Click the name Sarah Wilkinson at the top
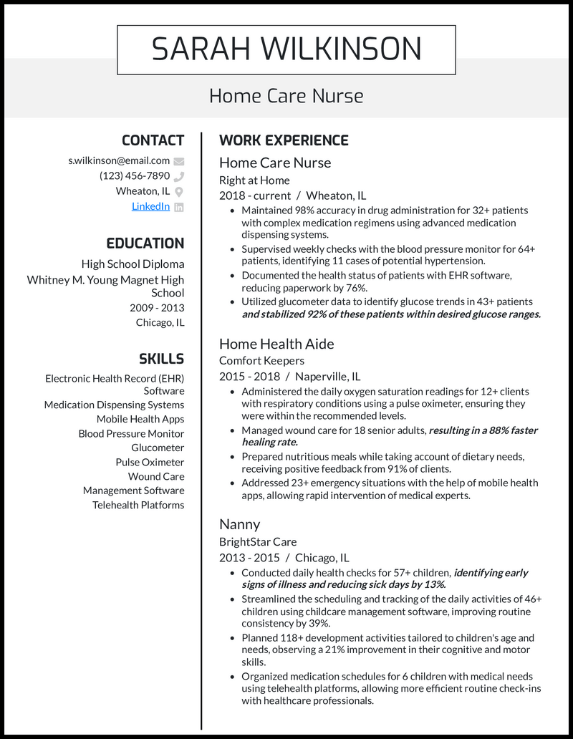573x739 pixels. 286,49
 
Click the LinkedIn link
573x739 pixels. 150,206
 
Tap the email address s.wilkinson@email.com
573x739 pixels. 119,160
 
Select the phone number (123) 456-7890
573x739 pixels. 135,175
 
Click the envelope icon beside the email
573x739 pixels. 179,161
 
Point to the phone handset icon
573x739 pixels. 179,176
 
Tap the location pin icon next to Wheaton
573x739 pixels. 179,191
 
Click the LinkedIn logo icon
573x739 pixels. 179,207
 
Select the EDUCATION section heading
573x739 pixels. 145,243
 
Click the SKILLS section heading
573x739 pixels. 161,359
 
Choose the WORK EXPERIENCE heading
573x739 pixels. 284,140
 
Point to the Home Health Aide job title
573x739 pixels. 276,344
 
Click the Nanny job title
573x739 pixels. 239,524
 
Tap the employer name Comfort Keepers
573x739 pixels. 261,361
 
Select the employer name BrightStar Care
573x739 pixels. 258,542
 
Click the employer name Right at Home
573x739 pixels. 254,180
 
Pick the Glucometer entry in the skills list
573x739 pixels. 158,448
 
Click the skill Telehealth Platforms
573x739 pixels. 138,505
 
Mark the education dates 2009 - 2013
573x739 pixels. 157,308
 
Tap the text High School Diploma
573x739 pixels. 133,264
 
